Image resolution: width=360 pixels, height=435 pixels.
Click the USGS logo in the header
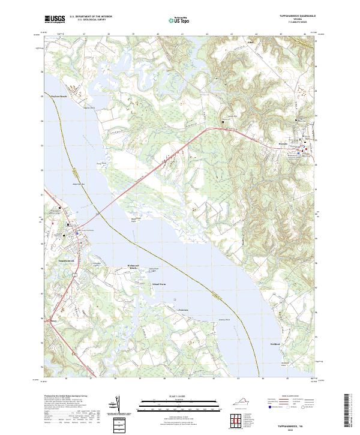[55, 19]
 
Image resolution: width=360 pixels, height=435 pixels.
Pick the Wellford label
[274, 344]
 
